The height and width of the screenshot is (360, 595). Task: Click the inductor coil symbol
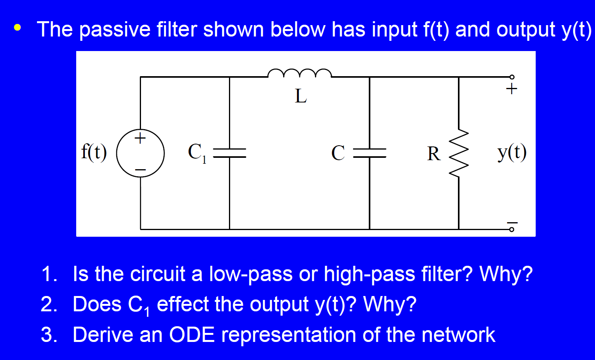[x=300, y=73]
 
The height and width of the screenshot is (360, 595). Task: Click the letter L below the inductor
[x=300, y=96]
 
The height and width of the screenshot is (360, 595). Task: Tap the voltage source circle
[x=140, y=153]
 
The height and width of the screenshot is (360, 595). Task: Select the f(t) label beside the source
[x=94, y=152]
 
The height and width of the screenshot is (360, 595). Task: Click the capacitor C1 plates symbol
[x=229, y=153]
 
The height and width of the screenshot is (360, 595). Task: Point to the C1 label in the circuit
[x=197, y=152]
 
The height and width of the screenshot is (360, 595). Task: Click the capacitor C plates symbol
[x=369, y=153]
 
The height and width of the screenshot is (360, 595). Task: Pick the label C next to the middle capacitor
[x=338, y=153]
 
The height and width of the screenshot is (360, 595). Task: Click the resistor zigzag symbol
[x=459, y=153]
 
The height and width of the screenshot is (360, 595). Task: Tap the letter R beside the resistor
[x=434, y=154]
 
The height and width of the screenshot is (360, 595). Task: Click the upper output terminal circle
[x=511, y=77]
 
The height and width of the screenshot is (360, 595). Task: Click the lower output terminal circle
[x=511, y=229]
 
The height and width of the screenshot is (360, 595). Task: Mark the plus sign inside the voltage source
[x=140, y=138]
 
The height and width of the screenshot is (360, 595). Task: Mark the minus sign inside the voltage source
[x=140, y=170]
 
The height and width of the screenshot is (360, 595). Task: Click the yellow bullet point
[x=17, y=28]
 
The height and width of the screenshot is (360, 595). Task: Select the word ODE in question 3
[x=192, y=335]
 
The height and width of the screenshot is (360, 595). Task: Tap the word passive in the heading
[x=115, y=29]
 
